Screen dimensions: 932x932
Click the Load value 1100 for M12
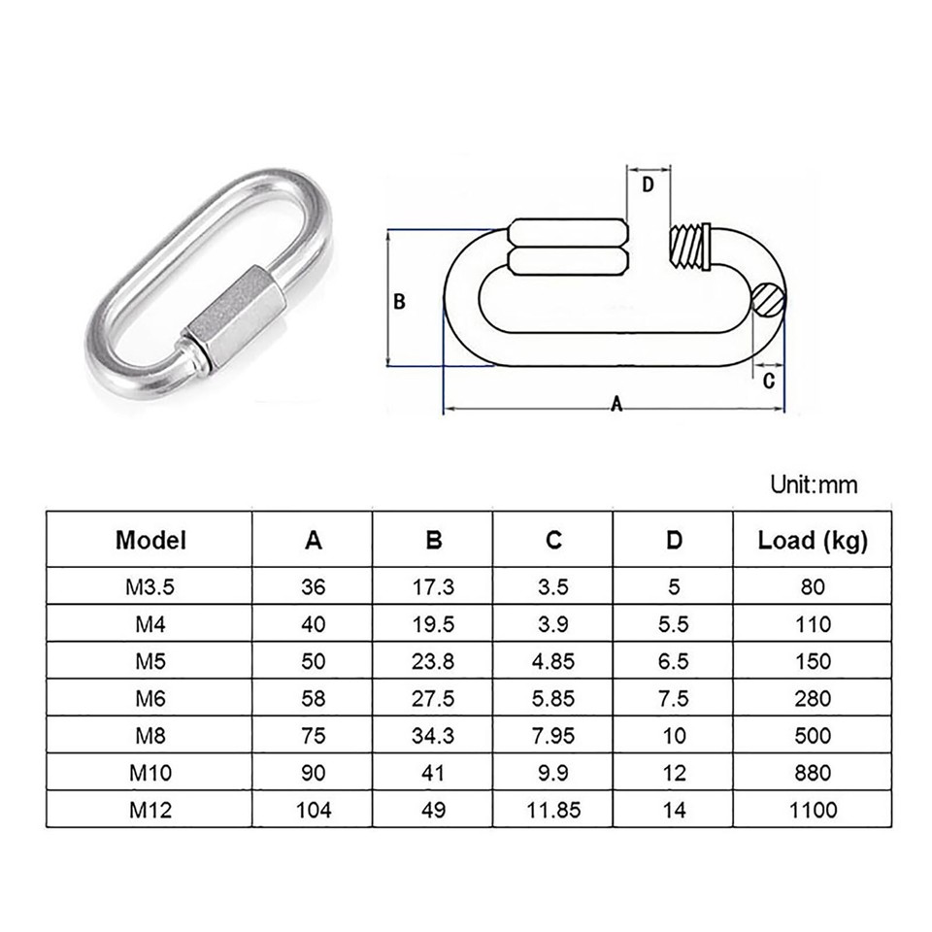point(813,809)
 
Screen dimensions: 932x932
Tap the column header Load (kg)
point(813,541)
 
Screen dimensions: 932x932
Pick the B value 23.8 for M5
point(433,661)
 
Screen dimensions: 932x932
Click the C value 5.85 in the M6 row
point(553,698)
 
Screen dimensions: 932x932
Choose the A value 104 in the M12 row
point(313,809)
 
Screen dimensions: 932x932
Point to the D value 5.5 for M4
point(674,624)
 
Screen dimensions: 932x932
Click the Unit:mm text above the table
point(814,483)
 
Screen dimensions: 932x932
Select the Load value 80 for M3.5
point(813,587)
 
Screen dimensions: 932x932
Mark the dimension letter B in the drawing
point(398,302)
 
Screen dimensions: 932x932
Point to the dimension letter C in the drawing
point(768,382)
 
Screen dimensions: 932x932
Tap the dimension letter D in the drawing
point(649,183)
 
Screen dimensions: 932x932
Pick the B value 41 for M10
point(433,772)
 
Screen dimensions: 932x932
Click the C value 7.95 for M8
point(553,735)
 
